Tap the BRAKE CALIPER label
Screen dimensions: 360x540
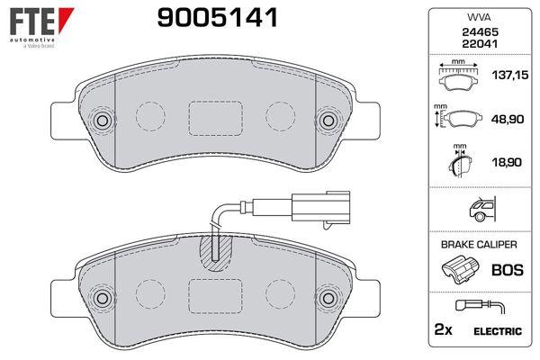click(477, 244)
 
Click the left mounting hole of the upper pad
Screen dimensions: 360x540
click(101, 121)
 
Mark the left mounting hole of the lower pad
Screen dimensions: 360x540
click(101, 298)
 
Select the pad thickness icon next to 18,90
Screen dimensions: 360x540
click(460, 164)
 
